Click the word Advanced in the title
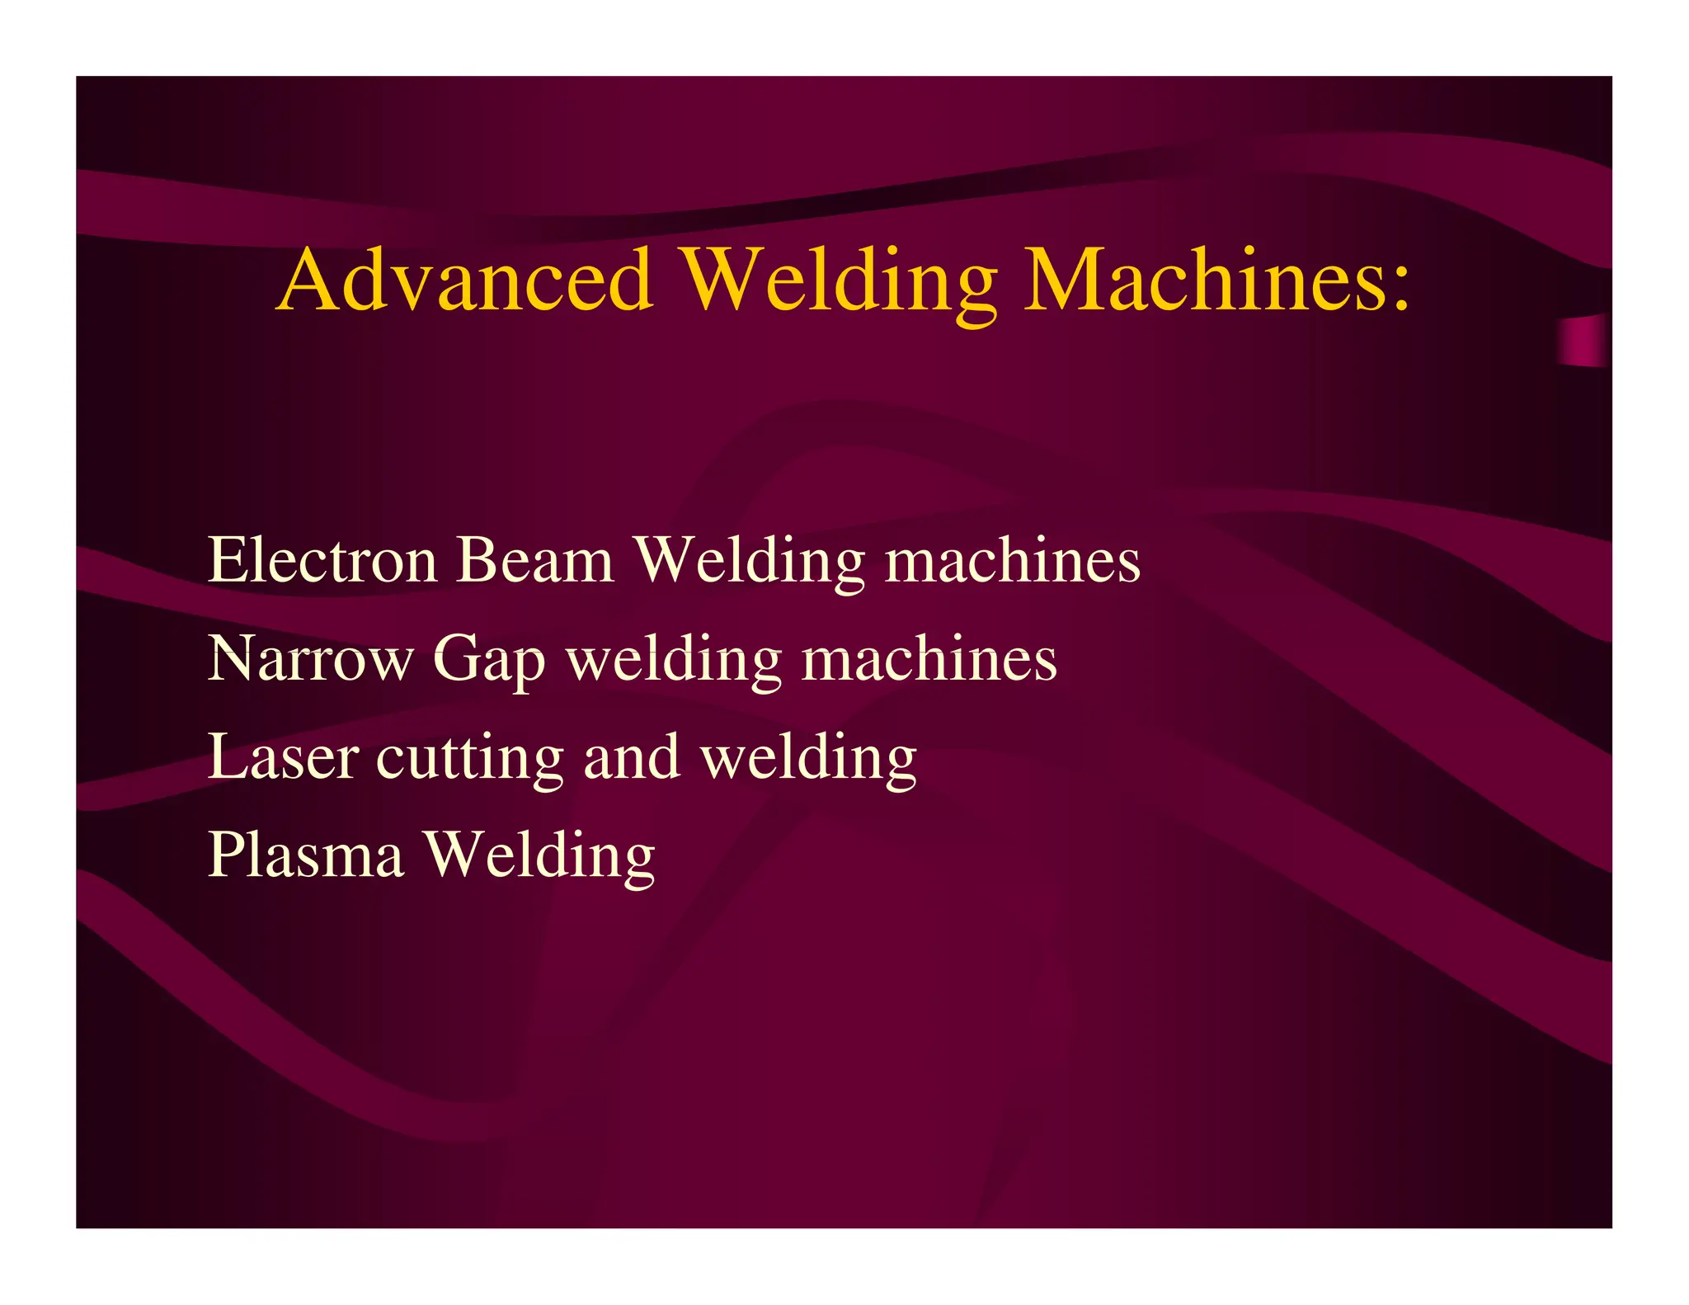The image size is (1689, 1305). click(x=466, y=280)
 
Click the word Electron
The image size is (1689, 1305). click(x=322, y=560)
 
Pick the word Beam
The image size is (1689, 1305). click(x=535, y=560)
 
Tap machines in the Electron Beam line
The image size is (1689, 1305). click(x=1013, y=560)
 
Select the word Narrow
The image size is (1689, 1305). click(x=310, y=659)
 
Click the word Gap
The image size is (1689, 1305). click(x=489, y=661)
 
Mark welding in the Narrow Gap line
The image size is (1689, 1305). click(x=674, y=659)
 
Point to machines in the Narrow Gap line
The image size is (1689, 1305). click(x=929, y=659)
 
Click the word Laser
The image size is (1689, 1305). click(x=283, y=756)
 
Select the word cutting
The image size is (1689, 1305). click(x=470, y=758)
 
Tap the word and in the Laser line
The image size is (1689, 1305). click(x=632, y=756)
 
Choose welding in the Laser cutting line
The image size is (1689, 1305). click(x=809, y=758)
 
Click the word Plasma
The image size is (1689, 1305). click(x=306, y=855)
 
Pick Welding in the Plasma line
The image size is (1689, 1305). click(x=539, y=855)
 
